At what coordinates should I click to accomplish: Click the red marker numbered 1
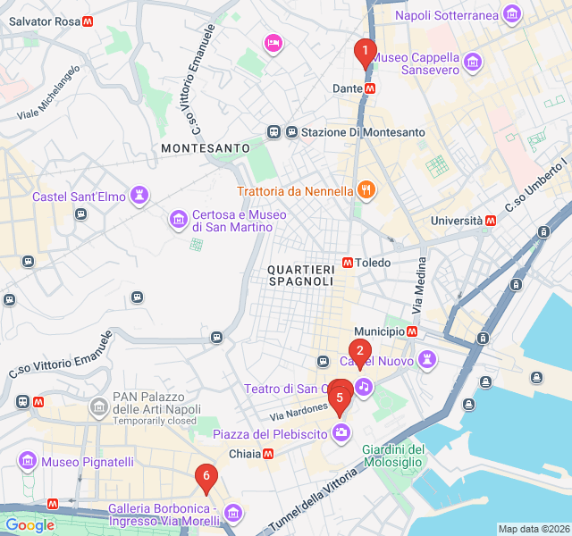[365, 52]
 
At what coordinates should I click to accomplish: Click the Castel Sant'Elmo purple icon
[139, 195]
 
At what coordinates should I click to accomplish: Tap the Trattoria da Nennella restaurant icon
[365, 189]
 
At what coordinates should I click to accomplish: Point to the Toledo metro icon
[347, 263]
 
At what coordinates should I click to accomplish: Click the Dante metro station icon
[370, 88]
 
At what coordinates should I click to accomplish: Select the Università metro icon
[491, 220]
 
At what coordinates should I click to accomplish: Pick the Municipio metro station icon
[412, 331]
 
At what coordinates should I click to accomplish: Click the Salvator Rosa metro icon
[88, 21]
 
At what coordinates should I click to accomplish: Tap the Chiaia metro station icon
[268, 454]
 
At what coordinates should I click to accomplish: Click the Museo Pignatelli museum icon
[28, 461]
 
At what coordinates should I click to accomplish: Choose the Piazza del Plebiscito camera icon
[341, 433]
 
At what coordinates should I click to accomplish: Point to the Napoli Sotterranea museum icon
[512, 13]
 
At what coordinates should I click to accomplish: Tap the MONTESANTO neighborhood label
[206, 147]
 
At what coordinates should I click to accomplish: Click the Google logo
[29, 525]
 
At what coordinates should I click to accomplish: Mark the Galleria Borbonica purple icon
[232, 513]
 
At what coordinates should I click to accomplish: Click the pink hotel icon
[273, 42]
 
